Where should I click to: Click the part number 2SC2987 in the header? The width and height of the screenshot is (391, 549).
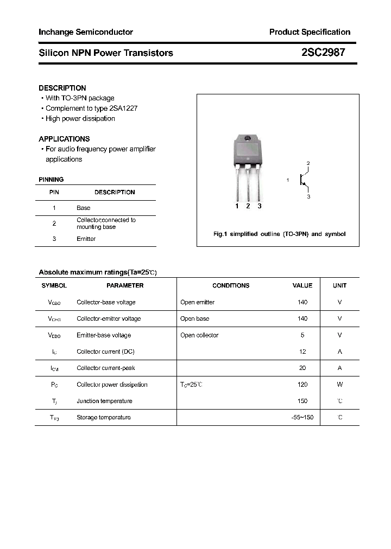click(x=322, y=53)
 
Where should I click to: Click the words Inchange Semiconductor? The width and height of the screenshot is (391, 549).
click(x=86, y=32)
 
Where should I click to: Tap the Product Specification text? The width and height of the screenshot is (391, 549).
click(x=310, y=32)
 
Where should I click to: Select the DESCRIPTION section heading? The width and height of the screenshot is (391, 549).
click(x=62, y=88)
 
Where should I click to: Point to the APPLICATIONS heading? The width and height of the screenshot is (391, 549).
click(x=64, y=139)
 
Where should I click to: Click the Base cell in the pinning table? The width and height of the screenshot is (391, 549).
click(x=84, y=208)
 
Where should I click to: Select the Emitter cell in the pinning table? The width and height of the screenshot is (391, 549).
click(x=86, y=239)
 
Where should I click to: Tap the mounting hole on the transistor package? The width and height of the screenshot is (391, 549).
click(x=248, y=139)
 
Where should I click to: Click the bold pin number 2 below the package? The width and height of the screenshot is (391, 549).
click(x=248, y=206)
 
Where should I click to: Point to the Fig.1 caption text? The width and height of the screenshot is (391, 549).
click(x=279, y=234)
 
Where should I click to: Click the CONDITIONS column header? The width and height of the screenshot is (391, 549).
click(x=231, y=285)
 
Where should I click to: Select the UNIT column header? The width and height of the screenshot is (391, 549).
click(x=340, y=285)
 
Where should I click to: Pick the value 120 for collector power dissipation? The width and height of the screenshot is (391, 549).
click(x=302, y=385)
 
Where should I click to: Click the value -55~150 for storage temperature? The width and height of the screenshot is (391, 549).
click(x=302, y=417)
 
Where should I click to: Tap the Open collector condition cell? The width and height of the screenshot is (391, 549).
click(x=199, y=335)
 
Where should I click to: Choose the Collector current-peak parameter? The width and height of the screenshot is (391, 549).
click(x=105, y=368)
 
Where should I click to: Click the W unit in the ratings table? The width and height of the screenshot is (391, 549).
click(x=340, y=385)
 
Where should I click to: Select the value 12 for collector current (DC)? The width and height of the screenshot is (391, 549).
click(x=302, y=352)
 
